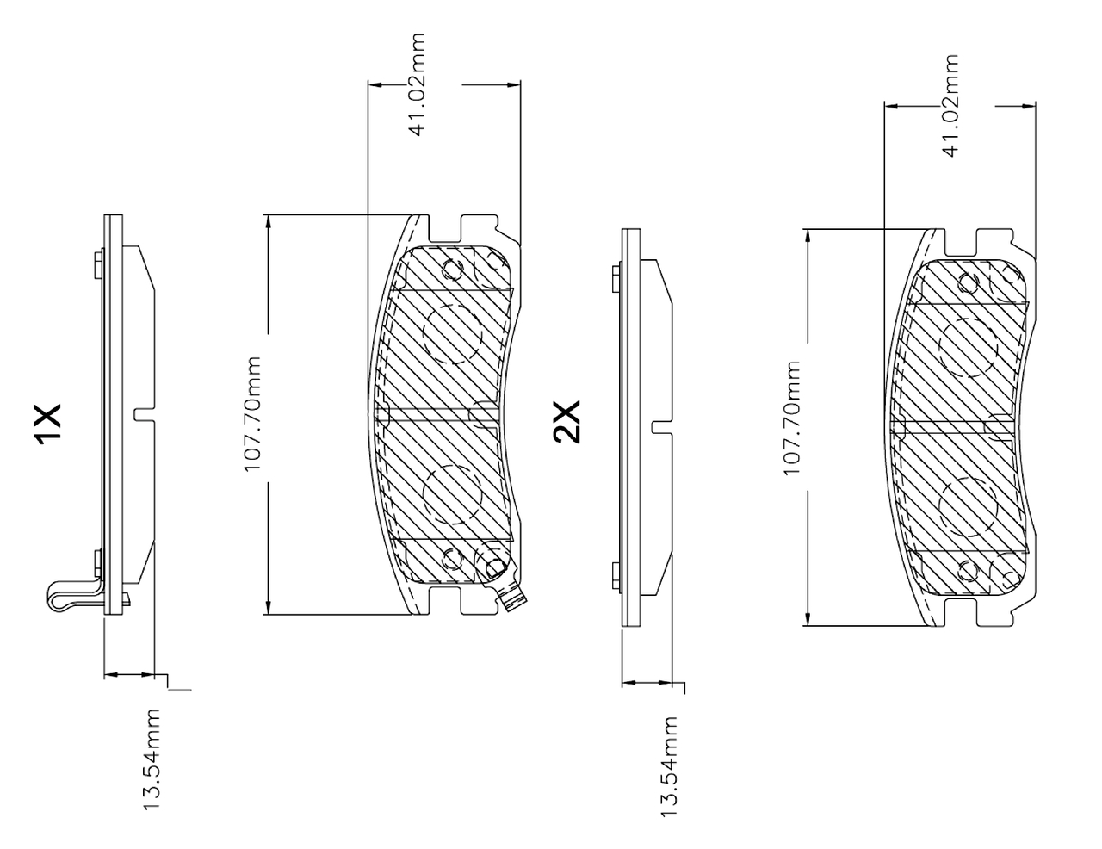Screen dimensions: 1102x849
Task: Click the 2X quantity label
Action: coord(566,421)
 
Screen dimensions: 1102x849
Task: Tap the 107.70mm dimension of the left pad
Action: coord(252,414)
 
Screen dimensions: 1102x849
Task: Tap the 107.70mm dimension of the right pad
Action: coord(791,418)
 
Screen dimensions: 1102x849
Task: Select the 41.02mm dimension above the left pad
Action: coord(417,84)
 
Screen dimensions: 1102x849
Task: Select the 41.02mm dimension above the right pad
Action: coord(950,106)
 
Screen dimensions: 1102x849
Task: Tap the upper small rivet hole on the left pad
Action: coord(452,270)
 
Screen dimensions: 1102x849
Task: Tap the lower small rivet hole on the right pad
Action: coord(968,572)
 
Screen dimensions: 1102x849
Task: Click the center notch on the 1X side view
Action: coord(144,414)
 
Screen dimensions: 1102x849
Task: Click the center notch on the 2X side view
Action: coord(662,426)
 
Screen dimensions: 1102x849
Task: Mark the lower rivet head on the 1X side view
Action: coord(98,563)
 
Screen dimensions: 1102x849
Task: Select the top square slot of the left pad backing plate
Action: coord(445,227)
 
